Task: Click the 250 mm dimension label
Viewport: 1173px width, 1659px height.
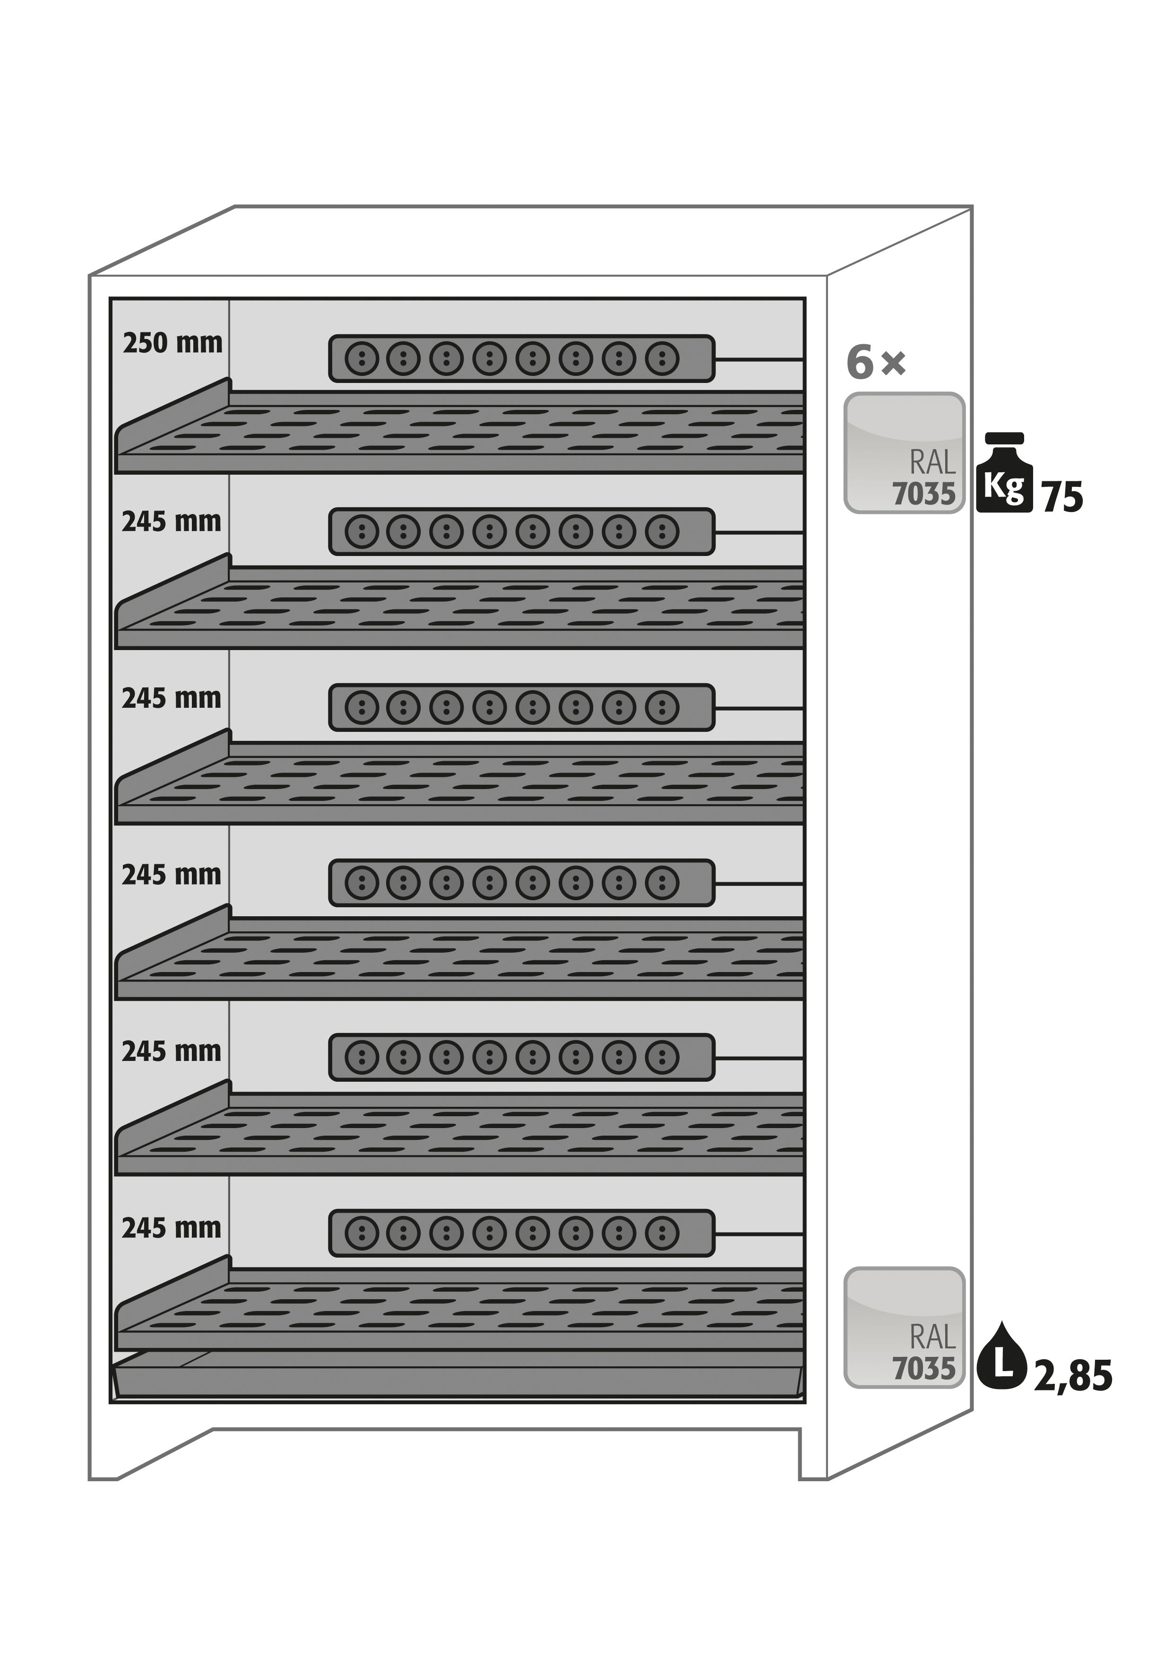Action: pos(172,342)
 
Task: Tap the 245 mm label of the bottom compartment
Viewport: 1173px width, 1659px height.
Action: pos(171,1228)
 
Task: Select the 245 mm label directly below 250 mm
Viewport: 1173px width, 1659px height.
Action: pos(171,521)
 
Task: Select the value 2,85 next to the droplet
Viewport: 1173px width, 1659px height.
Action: pos(1073,1376)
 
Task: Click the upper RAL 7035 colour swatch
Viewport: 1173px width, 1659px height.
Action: pos(904,453)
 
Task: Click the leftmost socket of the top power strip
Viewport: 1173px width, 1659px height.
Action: pos(361,358)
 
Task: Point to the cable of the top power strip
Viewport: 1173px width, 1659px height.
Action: pos(759,358)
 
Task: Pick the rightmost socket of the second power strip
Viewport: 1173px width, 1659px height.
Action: pos(662,532)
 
